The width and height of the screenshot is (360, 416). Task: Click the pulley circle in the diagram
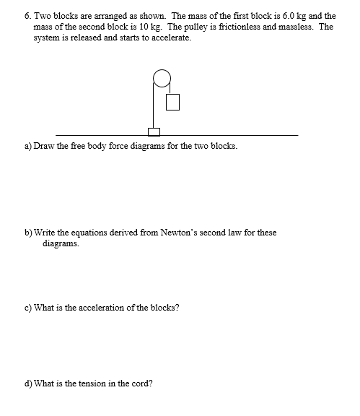pos(162,77)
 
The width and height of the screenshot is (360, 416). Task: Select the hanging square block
pos(172,103)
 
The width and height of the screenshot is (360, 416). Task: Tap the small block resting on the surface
pos(153,131)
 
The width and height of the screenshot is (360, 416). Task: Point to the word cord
pos(141,383)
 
